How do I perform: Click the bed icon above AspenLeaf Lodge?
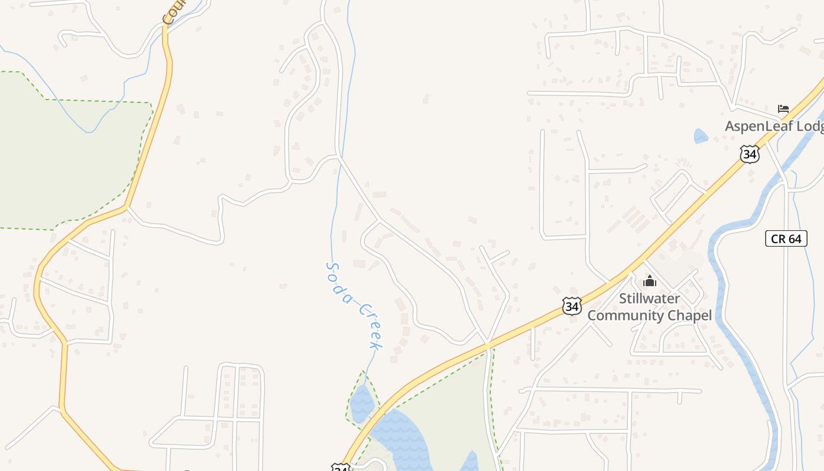click(783, 109)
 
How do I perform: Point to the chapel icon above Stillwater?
click(649, 281)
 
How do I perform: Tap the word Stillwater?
click(649, 298)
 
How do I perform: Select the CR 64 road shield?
click(786, 238)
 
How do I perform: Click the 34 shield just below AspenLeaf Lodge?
click(749, 154)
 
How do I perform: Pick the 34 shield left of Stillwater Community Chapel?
click(571, 306)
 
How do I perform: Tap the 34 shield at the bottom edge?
click(340, 467)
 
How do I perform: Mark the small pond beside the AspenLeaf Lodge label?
click(700, 137)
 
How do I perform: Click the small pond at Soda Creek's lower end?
click(362, 403)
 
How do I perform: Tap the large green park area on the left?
click(65, 159)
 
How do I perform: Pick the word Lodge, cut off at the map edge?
click(810, 126)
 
